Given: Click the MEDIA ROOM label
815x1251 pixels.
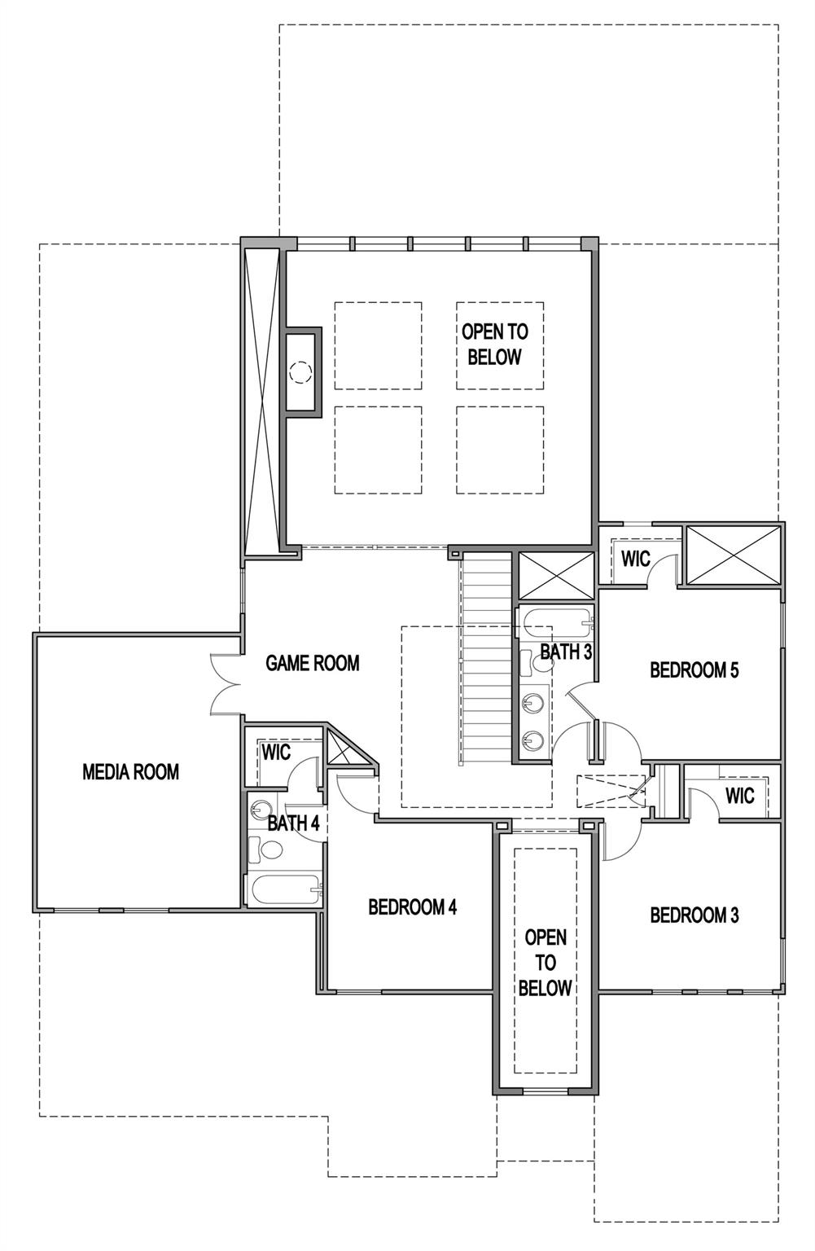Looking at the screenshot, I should (130, 771).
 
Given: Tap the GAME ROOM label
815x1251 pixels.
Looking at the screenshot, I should (313, 663).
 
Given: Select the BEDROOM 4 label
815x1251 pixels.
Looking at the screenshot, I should (412, 906).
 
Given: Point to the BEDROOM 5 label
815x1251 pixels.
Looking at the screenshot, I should (695, 670).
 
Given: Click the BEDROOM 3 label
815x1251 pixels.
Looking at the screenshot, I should (695, 915).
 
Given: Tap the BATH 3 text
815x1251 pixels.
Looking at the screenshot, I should (566, 652).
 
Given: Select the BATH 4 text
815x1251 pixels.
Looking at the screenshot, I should (293, 823).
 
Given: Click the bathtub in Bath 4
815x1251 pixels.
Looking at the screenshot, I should (284, 889).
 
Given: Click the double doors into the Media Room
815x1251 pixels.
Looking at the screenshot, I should (226, 683).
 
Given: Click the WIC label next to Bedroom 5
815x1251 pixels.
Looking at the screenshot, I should (636, 560).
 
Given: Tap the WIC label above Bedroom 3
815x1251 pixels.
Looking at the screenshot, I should (739, 795).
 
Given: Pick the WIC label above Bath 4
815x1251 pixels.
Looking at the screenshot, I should (276, 752).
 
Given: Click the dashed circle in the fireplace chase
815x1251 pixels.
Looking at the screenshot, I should (300, 372).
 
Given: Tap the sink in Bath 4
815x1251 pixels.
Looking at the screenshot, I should (261, 809).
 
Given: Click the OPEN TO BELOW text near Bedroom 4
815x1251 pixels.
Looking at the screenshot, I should (546, 962).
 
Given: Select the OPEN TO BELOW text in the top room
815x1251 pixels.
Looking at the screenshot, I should (495, 344).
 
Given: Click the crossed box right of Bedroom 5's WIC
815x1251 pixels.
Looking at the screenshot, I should (734, 555).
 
